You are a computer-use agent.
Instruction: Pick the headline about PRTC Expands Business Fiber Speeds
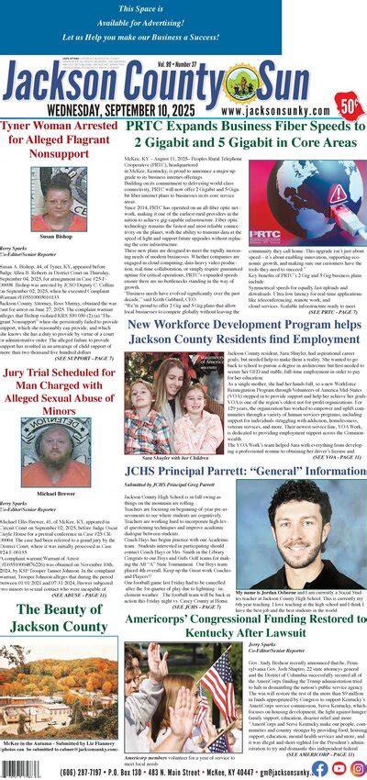click(x=246, y=135)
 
